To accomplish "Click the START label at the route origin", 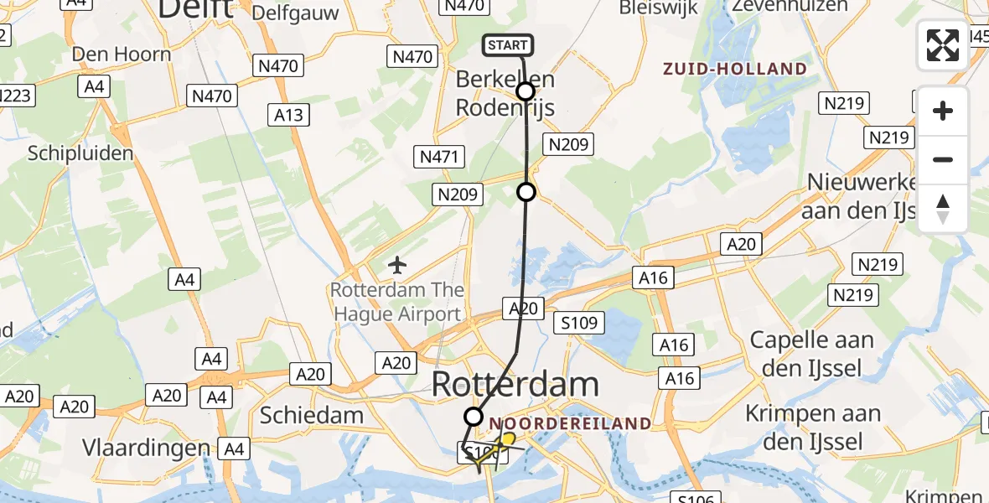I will click(x=507, y=45).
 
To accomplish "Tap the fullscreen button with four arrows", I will click(x=943, y=45).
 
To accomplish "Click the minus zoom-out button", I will click(x=943, y=159).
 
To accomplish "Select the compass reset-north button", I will click(x=943, y=208).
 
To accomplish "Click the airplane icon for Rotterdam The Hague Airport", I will click(x=397, y=266).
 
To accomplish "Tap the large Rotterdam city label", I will click(x=515, y=385).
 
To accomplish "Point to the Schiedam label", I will click(x=312, y=414).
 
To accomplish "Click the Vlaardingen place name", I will click(x=146, y=448).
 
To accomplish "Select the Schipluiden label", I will click(x=80, y=153).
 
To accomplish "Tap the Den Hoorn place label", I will click(x=122, y=54).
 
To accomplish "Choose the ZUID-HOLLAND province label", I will click(x=735, y=69).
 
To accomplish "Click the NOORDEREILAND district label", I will click(x=570, y=423).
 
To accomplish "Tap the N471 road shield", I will click(x=438, y=156).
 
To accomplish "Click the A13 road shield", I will click(x=289, y=115).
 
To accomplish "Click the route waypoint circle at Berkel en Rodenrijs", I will click(x=526, y=91).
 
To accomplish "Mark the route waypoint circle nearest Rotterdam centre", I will click(x=474, y=416).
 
